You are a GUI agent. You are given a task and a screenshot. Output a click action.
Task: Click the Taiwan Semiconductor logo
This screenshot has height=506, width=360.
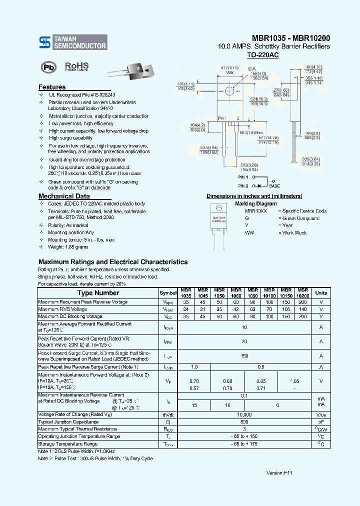coord(73,42)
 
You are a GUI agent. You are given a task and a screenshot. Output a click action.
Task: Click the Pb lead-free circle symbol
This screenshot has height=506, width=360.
coord(48,67)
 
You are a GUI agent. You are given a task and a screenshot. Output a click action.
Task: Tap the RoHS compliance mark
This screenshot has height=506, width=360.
coord(76,66)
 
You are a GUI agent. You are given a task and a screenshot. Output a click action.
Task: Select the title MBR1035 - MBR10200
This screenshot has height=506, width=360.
coord(290,38)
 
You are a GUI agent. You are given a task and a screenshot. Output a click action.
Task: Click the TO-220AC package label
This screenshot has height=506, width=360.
coord(262,55)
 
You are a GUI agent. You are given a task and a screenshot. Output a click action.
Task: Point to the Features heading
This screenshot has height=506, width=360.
coord(52,87)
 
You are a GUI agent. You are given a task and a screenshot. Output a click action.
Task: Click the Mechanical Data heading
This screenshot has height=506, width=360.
coord(64,196)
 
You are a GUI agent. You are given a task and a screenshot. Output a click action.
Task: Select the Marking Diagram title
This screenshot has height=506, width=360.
coord(255,203)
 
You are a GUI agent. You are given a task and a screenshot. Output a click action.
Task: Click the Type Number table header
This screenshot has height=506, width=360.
coord(98,293)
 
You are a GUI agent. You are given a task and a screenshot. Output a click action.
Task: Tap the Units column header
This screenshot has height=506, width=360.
coord(321,293)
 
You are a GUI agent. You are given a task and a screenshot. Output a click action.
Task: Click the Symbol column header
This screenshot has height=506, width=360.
coord(168,293)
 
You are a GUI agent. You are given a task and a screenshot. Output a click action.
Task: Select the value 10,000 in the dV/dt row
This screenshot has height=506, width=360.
coord(244,415)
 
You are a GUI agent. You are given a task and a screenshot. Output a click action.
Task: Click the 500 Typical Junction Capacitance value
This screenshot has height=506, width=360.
coord(244,422)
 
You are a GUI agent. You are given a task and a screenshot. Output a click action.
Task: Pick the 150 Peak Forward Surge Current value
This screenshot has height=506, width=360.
coord(244,356)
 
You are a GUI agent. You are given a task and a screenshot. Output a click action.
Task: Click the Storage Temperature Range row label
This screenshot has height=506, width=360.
coord(67,444)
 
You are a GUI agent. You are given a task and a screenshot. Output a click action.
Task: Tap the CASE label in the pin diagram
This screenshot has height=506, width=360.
coord(274,185)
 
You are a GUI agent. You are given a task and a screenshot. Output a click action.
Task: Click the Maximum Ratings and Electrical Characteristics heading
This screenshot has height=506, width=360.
coord(113,262)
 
